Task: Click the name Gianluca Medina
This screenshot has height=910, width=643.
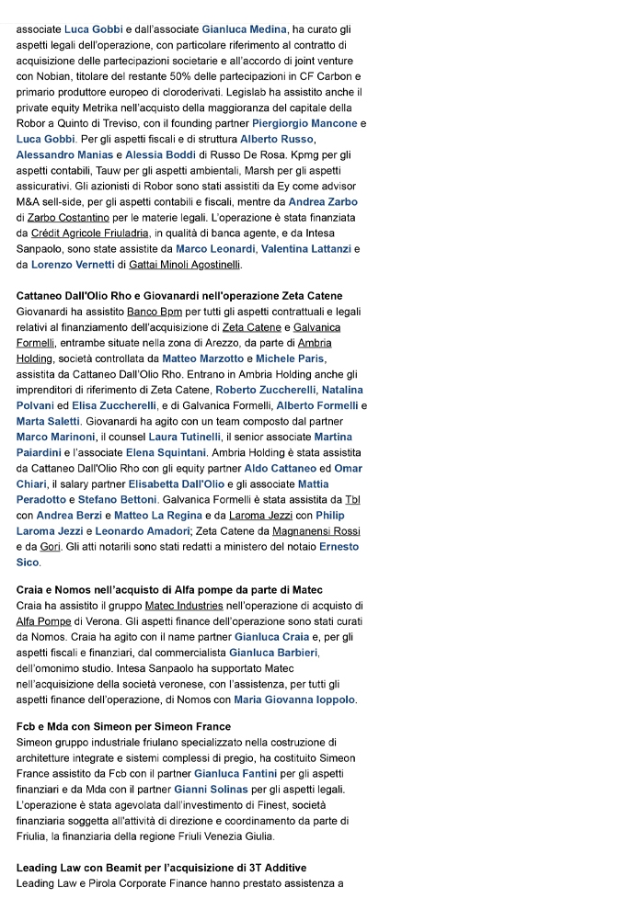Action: point(244,30)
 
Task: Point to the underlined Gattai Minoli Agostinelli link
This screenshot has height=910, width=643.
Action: point(184,265)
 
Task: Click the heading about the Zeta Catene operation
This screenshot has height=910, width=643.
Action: point(179,296)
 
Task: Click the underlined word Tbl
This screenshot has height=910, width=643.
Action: point(351,499)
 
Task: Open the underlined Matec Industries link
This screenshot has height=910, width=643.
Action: point(184,606)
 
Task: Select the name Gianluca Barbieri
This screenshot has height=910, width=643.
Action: point(274,653)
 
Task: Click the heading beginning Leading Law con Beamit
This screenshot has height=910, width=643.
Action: point(161,868)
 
